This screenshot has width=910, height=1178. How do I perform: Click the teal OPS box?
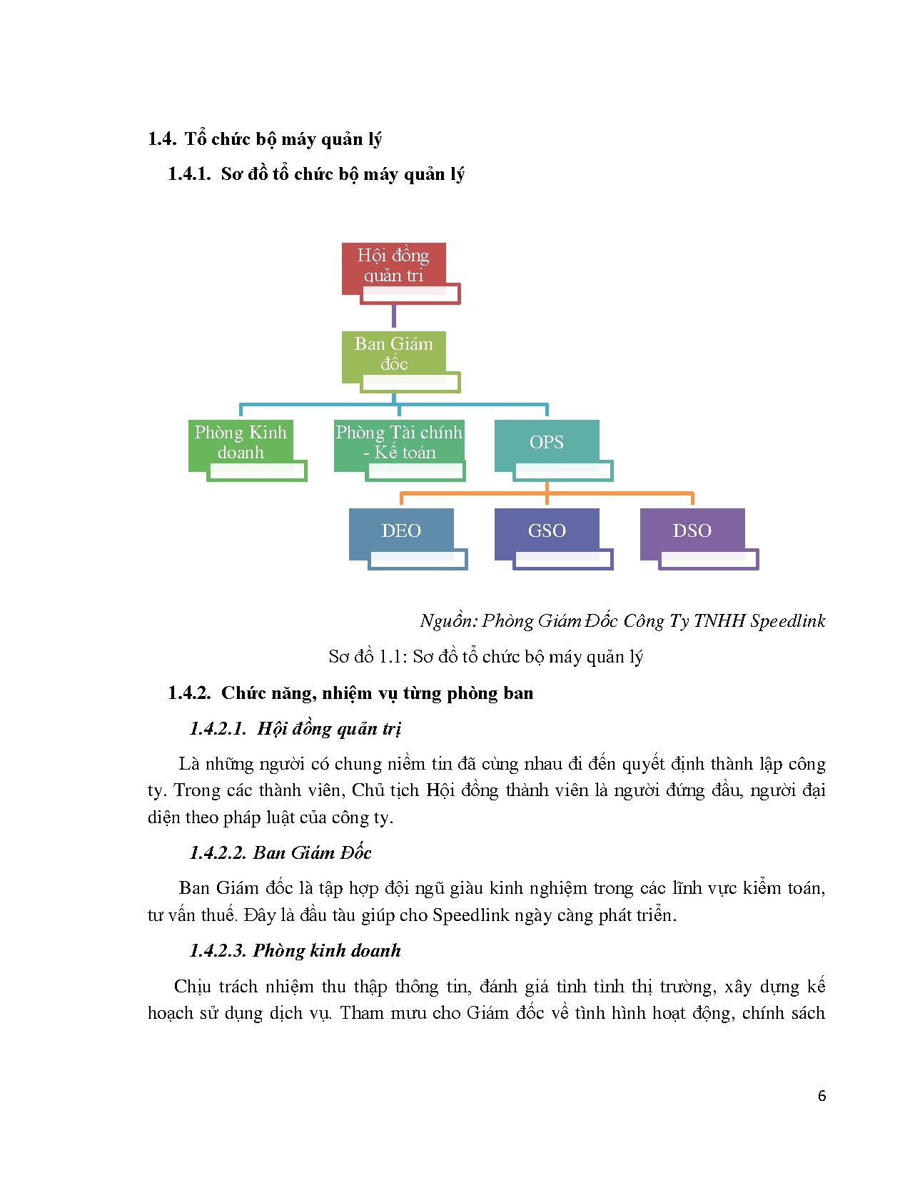[x=546, y=443]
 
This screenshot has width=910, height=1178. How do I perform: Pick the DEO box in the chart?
[x=401, y=532]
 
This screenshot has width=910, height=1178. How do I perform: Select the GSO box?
[x=547, y=532]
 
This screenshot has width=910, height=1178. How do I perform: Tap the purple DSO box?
[x=692, y=532]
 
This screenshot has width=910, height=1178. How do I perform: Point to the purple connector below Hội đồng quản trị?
[x=393, y=316]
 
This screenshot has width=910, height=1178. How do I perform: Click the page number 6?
[x=821, y=1096]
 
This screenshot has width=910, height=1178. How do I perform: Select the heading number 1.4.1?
[x=189, y=174]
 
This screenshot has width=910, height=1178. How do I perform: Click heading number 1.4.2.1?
[x=218, y=729]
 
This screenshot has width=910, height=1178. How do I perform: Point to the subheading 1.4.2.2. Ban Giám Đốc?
[x=280, y=853]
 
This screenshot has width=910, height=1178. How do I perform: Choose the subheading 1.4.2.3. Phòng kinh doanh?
[x=295, y=951]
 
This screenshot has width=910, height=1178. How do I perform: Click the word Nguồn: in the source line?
[x=448, y=621]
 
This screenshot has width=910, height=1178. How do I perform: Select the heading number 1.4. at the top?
[x=162, y=139]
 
